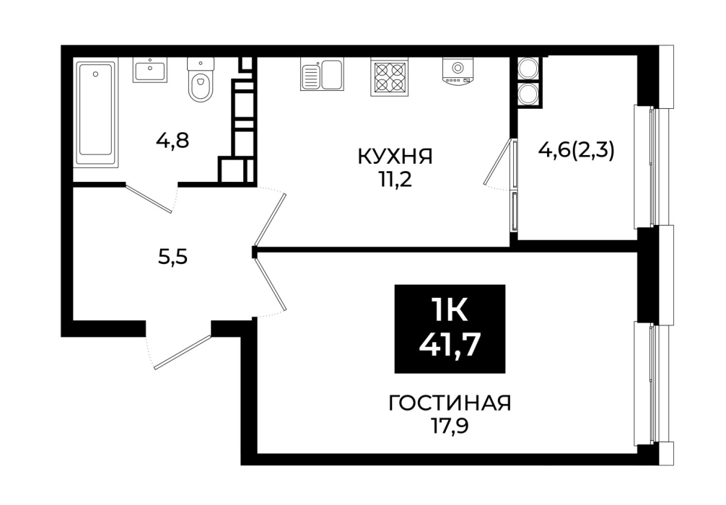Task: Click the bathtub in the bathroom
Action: point(95,113)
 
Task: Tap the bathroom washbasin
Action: point(150,70)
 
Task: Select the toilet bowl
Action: point(201,79)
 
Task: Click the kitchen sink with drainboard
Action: point(323,74)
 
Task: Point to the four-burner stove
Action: point(389,77)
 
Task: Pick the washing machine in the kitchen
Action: point(458,71)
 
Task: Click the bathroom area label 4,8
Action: point(172,140)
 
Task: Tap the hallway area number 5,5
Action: point(172,256)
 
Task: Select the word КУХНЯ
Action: point(395,157)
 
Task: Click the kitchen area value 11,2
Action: point(395,180)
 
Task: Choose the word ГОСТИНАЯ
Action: point(449,403)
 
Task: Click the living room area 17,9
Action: point(449,426)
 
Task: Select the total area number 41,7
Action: point(449,344)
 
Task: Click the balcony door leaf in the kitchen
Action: point(499,162)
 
